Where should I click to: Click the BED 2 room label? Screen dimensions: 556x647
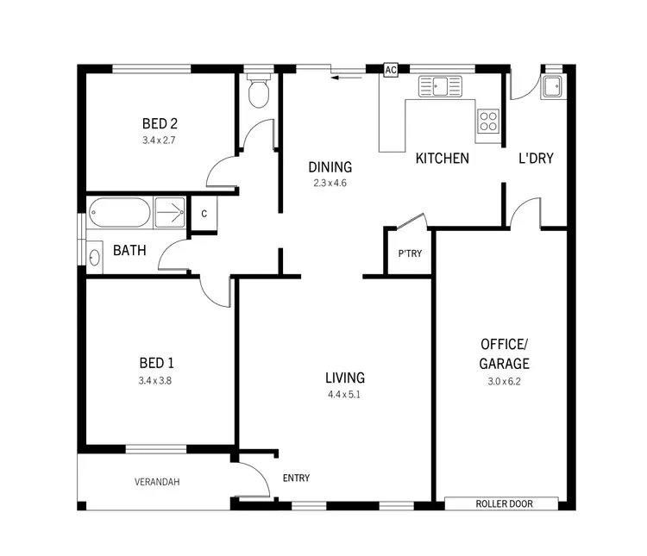[x=160, y=122]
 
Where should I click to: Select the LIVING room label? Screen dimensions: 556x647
[x=345, y=378]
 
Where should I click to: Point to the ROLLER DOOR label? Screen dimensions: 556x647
[x=501, y=503]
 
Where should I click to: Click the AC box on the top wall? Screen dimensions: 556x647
[x=389, y=70]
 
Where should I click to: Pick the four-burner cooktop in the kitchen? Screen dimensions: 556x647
[x=488, y=121]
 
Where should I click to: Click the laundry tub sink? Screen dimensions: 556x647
[x=552, y=86]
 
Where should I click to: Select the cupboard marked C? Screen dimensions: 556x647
[x=204, y=214]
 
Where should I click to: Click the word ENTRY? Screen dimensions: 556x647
[x=296, y=478]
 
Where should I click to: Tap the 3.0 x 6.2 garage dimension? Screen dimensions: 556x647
[x=505, y=380]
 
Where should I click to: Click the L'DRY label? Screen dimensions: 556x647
[x=535, y=159]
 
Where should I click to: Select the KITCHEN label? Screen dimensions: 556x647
[x=443, y=159]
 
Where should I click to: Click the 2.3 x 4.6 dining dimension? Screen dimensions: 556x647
[x=330, y=183]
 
